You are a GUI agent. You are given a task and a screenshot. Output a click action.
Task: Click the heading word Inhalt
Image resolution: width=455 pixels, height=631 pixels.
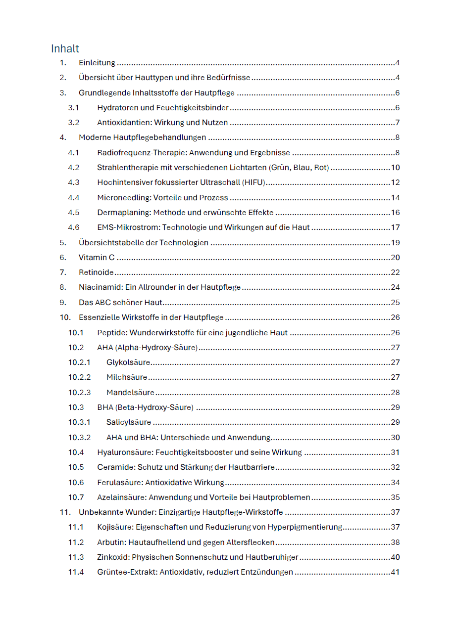(65, 48)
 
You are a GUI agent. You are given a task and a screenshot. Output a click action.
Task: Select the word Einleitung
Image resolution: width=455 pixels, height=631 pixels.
(97, 63)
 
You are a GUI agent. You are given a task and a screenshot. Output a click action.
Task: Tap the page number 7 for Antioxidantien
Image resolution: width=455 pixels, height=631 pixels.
(397, 123)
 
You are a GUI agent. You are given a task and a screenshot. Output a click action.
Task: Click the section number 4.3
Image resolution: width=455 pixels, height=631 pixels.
(74, 182)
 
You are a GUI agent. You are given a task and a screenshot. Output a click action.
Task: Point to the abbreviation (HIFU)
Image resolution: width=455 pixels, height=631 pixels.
(254, 182)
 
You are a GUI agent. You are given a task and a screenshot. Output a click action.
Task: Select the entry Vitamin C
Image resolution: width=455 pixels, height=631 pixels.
(97, 258)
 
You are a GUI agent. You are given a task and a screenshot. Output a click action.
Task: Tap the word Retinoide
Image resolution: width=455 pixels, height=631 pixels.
(96, 272)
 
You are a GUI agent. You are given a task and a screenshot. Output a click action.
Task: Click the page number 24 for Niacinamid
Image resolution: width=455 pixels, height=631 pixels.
(395, 287)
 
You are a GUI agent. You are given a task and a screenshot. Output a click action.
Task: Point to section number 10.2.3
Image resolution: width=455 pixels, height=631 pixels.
(80, 393)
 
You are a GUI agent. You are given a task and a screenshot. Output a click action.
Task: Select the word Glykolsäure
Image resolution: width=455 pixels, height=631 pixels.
(128, 362)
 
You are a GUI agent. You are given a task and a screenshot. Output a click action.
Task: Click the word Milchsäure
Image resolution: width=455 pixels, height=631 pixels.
(127, 377)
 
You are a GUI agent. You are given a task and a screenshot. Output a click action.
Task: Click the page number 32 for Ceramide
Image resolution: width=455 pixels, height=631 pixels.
(395, 467)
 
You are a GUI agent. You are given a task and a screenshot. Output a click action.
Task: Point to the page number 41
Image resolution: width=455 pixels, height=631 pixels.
(395, 572)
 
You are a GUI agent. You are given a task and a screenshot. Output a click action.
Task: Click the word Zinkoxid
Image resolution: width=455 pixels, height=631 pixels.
(113, 557)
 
